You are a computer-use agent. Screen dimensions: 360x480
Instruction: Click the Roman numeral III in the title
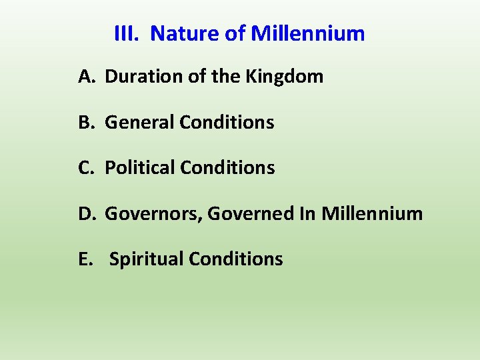(125, 33)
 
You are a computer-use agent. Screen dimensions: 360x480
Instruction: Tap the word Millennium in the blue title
(308, 33)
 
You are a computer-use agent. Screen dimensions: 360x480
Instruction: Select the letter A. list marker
(87, 77)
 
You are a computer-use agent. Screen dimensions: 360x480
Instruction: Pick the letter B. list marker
(87, 123)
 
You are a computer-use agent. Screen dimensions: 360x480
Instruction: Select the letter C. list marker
(87, 168)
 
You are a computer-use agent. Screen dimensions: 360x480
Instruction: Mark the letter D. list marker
(87, 213)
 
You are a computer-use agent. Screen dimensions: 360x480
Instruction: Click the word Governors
(154, 214)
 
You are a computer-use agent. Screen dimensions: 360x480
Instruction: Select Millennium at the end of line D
(372, 213)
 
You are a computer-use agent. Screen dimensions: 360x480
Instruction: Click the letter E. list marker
(86, 259)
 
